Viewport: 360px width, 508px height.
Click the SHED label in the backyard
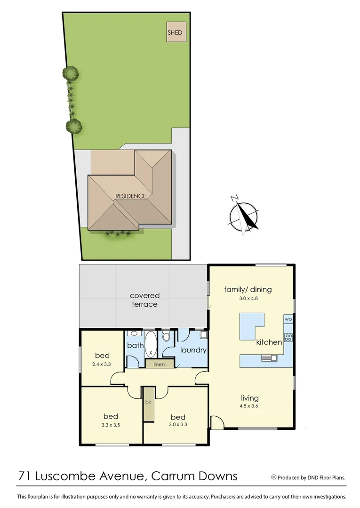click(x=175, y=33)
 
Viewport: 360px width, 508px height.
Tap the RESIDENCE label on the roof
click(x=131, y=196)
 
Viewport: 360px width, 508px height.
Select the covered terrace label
click(x=144, y=300)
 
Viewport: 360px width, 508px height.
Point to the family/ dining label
click(x=248, y=289)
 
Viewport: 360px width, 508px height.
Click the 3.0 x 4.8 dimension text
click(x=248, y=298)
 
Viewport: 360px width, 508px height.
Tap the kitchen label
click(x=269, y=342)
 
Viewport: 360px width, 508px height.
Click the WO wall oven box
click(x=288, y=319)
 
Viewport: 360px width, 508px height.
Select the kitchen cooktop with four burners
click(x=288, y=337)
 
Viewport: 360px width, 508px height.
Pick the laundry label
click(x=193, y=350)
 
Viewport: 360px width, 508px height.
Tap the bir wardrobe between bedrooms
click(x=149, y=403)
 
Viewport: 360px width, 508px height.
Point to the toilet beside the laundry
click(x=166, y=336)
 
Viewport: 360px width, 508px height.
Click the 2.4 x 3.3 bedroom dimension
click(x=102, y=364)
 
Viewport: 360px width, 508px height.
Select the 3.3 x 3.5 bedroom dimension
click(x=111, y=425)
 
